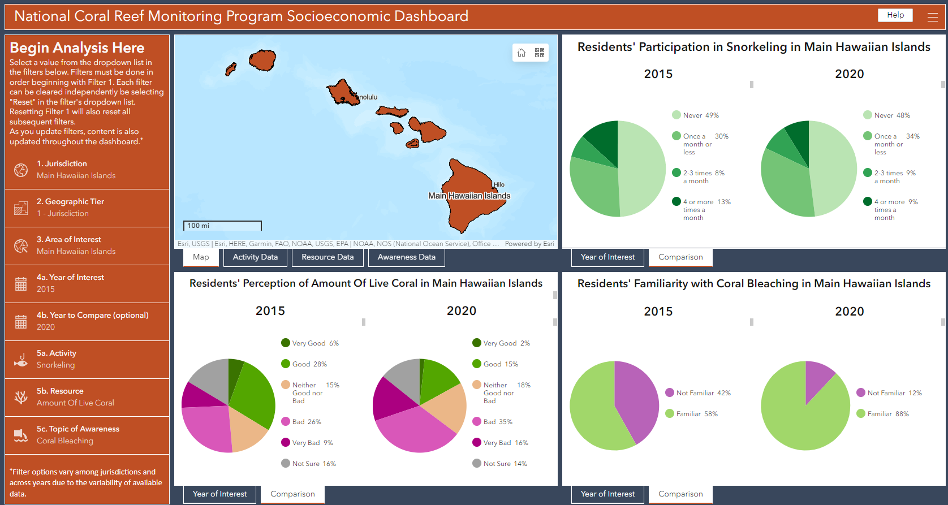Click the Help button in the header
click(895, 15)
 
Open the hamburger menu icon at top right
click(933, 17)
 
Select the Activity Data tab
click(255, 257)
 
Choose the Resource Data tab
click(328, 257)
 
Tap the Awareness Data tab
click(406, 257)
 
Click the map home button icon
click(522, 53)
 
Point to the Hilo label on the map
click(499, 184)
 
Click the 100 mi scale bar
click(222, 226)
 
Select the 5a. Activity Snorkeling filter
click(87, 359)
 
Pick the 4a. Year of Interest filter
click(87, 283)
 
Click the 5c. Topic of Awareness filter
click(87, 435)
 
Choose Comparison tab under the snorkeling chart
click(680, 257)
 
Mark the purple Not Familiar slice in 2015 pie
click(637, 399)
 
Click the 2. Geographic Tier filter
click(87, 208)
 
